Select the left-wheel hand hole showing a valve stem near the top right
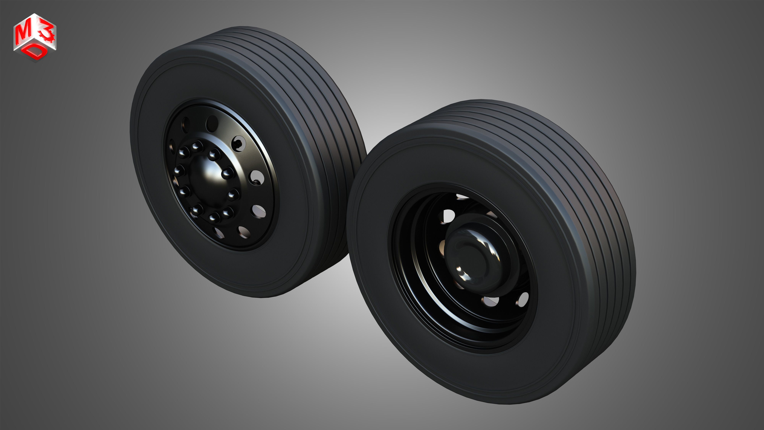click(x=238, y=143)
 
